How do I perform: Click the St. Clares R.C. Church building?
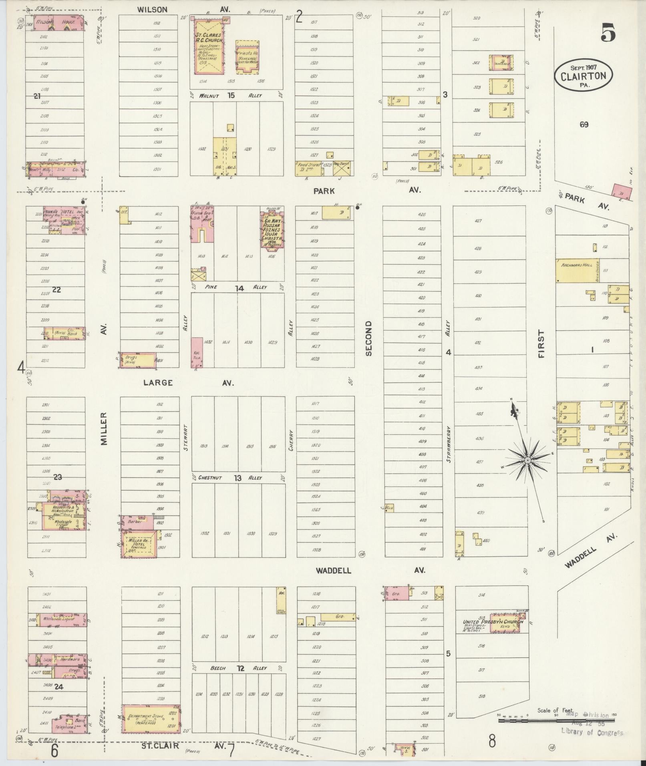coord(209,47)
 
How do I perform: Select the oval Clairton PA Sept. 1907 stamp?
coord(584,76)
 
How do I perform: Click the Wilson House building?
coord(59,22)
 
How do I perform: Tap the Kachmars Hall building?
coord(572,270)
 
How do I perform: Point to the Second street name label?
coord(368,338)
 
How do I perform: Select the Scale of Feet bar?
coord(557,720)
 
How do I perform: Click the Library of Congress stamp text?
coord(592,732)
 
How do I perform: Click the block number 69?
coord(584,125)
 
